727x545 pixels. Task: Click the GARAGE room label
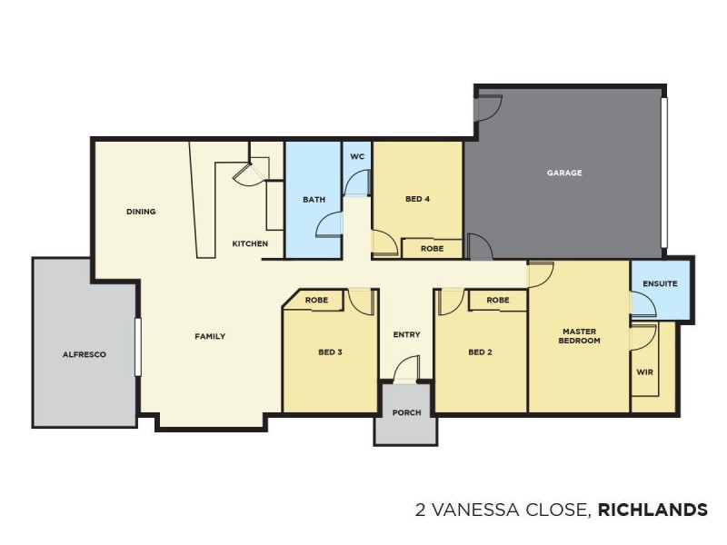(x=563, y=173)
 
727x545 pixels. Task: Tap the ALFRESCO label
(x=85, y=354)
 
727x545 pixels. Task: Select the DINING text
(x=141, y=212)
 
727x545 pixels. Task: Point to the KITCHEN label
(x=250, y=243)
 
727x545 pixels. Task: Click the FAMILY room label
(x=210, y=336)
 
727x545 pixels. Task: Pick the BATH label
(x=314, y=200)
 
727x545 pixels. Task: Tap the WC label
(x=357, y=156)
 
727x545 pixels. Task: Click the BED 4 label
(x=416, y=199)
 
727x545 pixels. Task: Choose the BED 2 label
(x=480, y=352)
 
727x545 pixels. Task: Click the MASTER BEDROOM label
(x=579, y=336)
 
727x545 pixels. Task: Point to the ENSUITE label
(x=660, y=283)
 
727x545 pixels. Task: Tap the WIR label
(x=645, y=372)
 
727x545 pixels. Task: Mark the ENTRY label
(x=406, y=334)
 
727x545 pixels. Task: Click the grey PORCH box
(x=406, y=414)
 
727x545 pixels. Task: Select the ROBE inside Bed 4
(x=432, y=247)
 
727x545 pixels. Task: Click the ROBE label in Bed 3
(x=316, y=300)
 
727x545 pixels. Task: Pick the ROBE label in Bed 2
(x=497, y=300)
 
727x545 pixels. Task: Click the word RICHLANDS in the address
(x=652, y=510)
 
